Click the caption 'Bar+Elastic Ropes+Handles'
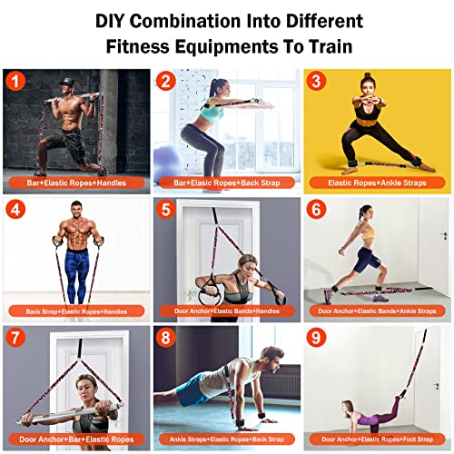coord(75,183)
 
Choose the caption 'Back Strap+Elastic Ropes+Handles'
coord(75,311)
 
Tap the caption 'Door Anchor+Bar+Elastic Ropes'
coord(75,439)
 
